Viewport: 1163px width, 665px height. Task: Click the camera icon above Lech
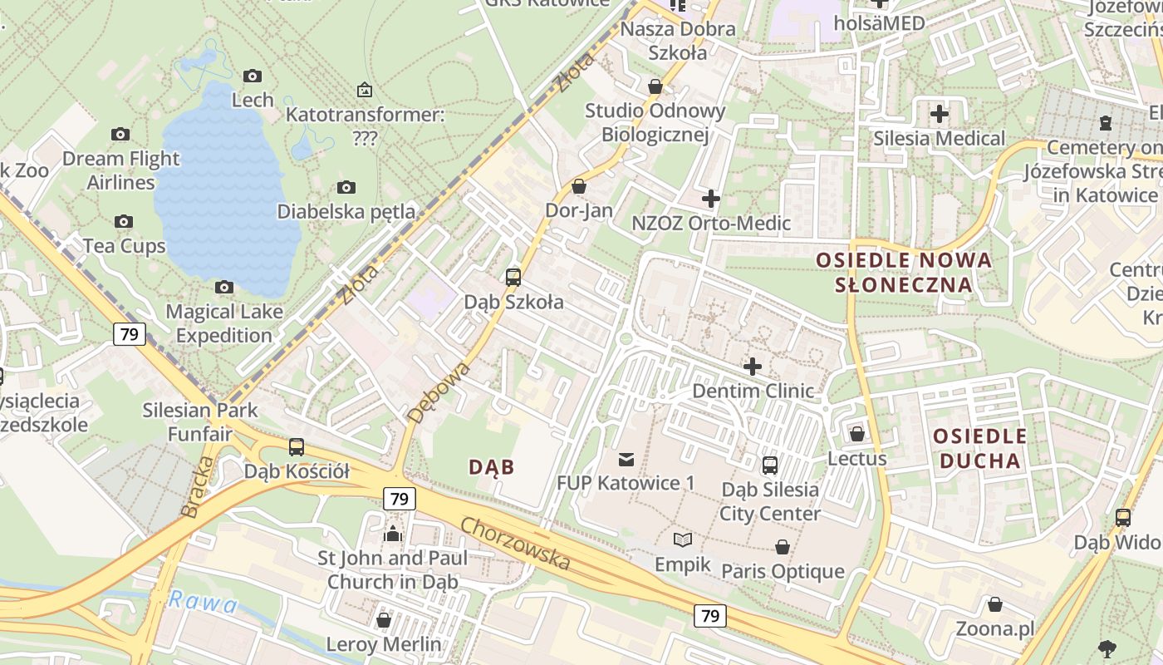pos(253,76)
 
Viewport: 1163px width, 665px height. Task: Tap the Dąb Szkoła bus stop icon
pos(513,278)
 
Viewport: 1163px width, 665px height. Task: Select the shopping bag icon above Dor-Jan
pos(579,186)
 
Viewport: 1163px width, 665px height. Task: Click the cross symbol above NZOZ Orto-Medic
pos(711,199)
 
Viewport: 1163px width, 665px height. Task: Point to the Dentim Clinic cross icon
pos(753,366)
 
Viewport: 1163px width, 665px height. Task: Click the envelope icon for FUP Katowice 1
pos(626,459)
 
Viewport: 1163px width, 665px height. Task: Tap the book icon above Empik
pos(683,540)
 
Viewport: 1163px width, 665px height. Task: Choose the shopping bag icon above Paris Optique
pos(783,547)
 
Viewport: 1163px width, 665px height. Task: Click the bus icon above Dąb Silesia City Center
pos(770,465)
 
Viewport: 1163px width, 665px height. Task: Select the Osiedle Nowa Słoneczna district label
pos(904,272)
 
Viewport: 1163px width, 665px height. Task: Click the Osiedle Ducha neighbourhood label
pos(979,448)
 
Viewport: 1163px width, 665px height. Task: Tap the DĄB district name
pos(492,467)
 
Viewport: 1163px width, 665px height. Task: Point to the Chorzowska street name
pos(516,544)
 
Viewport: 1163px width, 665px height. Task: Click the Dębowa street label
pos(440,392)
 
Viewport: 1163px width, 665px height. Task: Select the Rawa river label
pos(203,603)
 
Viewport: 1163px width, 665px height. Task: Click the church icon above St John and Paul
pos(393,533)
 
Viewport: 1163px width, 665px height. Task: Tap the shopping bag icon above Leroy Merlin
pos(384,620)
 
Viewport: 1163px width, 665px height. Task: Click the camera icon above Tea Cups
pos(124,221)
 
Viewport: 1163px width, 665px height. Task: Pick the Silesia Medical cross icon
pos(940,114)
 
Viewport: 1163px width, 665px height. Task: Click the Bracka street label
pos(192,487)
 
